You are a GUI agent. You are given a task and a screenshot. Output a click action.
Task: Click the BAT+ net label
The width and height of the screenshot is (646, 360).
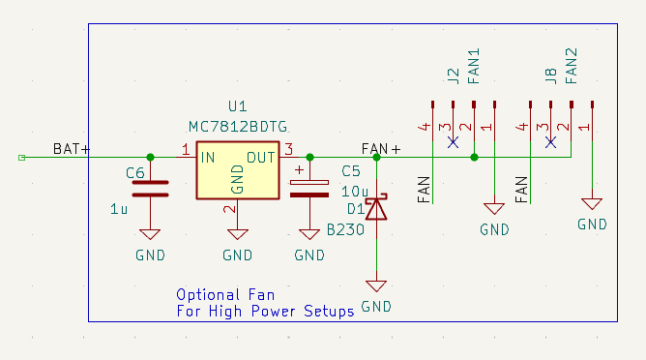[72, 149]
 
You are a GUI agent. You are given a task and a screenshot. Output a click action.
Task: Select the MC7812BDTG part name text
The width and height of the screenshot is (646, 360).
[237, 127]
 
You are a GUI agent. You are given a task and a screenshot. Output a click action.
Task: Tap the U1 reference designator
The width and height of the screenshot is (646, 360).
[237, 106]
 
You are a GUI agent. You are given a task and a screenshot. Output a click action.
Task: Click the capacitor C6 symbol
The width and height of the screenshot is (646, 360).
[150, 188]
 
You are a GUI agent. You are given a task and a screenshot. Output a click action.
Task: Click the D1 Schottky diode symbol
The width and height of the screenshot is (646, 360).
[376, 207]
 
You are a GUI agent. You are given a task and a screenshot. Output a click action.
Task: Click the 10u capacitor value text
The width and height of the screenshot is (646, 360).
[355, 191]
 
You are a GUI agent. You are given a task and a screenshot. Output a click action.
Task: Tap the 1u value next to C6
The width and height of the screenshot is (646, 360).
[119, 208]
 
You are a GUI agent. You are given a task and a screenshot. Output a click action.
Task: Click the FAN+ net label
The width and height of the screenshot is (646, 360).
[380, 149]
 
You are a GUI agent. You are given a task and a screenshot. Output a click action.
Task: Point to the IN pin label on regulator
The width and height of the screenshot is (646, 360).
[208, 157]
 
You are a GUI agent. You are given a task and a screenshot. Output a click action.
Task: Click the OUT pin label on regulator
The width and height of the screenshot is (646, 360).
[260, 157]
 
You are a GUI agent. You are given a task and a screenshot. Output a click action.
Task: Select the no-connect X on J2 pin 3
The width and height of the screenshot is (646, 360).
[454, 141]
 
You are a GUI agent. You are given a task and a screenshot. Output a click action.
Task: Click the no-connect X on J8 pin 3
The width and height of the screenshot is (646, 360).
[550, 141]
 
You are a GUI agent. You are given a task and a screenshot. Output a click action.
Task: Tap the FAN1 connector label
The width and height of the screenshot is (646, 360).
[474, 68]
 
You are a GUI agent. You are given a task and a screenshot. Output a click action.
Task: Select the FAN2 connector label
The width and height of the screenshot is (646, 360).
[571, 68]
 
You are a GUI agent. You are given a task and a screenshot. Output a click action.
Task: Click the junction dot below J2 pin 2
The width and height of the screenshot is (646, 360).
[474, 157]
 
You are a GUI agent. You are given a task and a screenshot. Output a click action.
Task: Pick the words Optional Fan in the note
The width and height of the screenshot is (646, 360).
[225, 294]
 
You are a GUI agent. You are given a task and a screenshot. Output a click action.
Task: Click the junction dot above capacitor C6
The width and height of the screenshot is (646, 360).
[150, 157]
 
